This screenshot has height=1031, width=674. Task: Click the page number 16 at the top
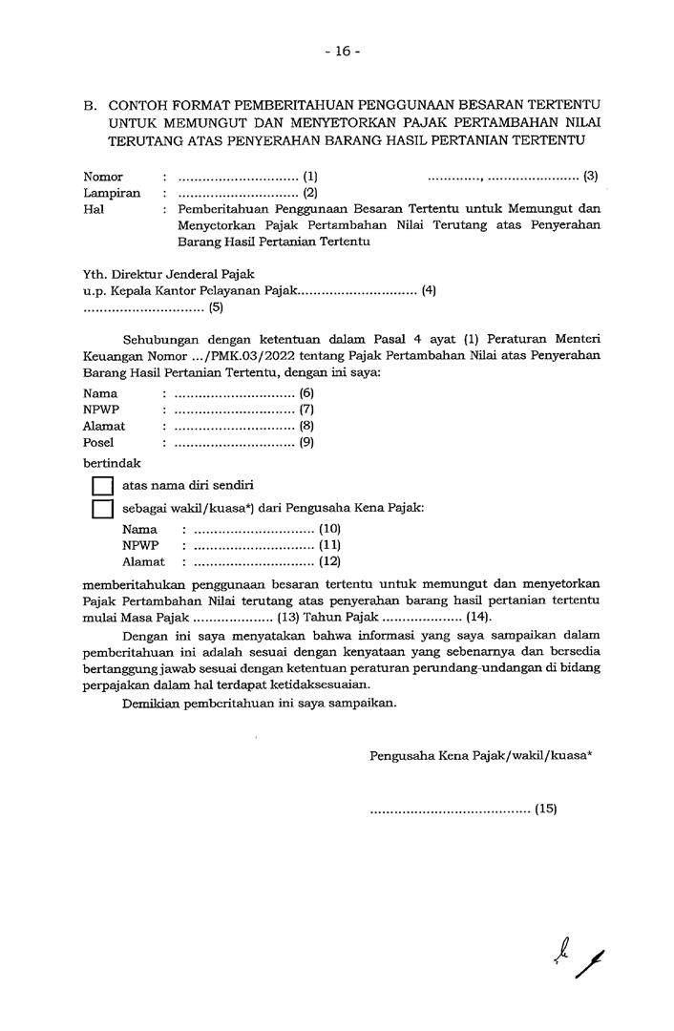click(x=342, y=52)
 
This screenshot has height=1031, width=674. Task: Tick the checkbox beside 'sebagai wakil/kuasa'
click(x=102, y=509)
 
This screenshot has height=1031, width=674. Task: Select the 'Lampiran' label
click(x=112, y=193)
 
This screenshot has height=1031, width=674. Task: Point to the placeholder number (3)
click(x=591, y=177)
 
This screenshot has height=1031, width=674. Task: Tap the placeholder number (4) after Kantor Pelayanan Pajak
click(x=429, y=290)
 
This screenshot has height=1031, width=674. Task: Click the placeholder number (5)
click(x=216, y=307)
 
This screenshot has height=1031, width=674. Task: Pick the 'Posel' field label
click(x=98, y=442)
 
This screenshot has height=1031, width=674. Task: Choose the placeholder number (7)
click(x=307, y=410)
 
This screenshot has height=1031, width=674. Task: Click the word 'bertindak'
click(x=112, y=462)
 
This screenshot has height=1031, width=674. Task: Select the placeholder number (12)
click(x=329, y=561)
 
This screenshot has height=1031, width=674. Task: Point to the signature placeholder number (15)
click(x=545, y=809)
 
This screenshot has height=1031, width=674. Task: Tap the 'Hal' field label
click(x=94, y=209)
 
